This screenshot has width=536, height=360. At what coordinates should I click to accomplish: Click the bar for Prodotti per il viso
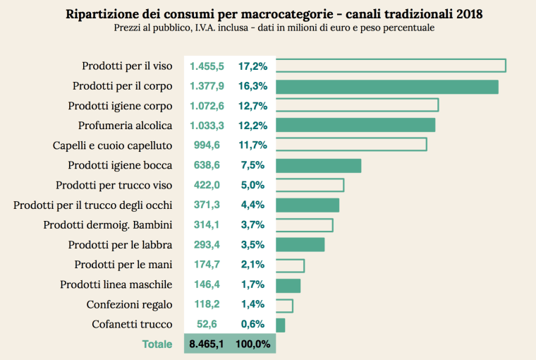tap(391, 66)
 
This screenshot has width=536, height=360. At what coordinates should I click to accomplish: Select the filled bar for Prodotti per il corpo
tap(387, 86)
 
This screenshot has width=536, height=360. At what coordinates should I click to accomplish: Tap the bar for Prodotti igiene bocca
tap(318, 165)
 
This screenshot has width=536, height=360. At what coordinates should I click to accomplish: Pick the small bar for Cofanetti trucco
tap(280, 325)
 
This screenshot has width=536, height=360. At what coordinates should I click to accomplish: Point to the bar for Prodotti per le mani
tap(290, 265)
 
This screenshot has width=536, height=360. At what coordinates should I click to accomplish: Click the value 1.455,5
tap(207, 66)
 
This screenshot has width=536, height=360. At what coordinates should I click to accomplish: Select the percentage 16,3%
tap(252, 86)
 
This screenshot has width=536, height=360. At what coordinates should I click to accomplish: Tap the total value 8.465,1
tap(207, 344)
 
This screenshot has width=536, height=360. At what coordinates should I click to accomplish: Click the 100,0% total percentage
tap(252, 344)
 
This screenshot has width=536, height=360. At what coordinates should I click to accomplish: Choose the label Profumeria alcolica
tap(125, 126)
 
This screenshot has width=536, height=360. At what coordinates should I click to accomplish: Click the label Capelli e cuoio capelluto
tap(113, 145)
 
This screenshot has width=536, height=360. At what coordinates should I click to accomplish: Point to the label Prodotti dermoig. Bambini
tap(108, 225)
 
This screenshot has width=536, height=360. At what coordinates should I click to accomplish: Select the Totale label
tap(157, 344)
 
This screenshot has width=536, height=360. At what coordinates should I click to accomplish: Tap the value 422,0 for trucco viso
tap(207, 186)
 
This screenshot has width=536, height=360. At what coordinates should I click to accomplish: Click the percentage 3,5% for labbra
tap(252, 245)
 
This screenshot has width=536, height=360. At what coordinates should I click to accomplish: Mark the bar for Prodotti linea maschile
tap(288, 285)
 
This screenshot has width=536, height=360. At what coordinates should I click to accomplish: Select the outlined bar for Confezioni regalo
tap(284, 305)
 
